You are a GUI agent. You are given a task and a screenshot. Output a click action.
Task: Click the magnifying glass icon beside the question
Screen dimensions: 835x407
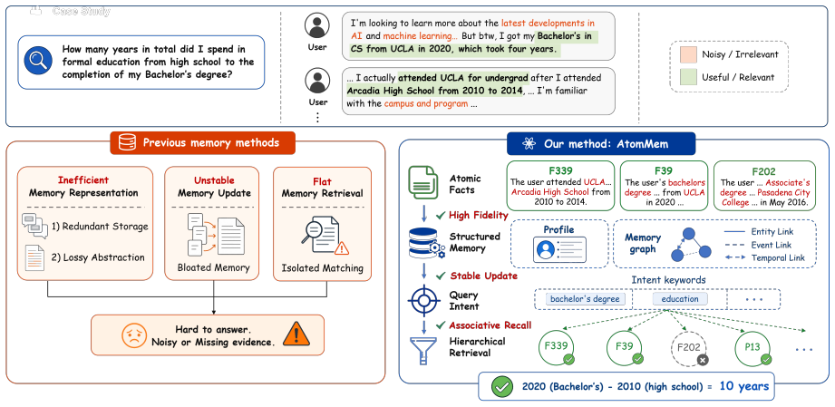(38, 62)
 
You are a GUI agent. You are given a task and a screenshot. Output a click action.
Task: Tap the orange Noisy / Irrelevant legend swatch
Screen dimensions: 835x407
(687, 53)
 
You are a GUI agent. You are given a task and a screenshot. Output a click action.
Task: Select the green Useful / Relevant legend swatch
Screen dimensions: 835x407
(687, 77)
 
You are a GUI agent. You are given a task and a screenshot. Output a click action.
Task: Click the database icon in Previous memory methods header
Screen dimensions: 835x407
(127, 143)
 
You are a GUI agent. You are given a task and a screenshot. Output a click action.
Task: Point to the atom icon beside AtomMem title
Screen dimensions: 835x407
(528, 143)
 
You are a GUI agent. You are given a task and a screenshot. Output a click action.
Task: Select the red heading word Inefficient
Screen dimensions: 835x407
(84, 180)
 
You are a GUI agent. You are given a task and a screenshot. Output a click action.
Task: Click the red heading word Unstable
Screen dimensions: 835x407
(213, 180)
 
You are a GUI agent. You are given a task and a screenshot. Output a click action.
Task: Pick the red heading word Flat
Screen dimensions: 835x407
(322, 180)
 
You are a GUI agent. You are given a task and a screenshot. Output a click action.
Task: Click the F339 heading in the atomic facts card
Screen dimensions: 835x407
(554, 171)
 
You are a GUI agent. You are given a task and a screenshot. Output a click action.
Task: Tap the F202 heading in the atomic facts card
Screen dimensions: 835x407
(765, 171)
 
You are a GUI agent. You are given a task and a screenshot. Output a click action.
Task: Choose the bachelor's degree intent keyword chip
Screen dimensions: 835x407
(585, 299)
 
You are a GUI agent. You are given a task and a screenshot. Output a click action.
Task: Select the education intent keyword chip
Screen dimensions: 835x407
(680, 299)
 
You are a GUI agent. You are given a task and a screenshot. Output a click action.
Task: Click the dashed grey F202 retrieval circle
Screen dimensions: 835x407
(688, 347)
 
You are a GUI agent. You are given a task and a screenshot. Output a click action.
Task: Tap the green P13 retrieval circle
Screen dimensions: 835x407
(752, 347)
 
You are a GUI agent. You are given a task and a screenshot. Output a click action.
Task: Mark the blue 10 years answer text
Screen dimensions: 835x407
(744, 385)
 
